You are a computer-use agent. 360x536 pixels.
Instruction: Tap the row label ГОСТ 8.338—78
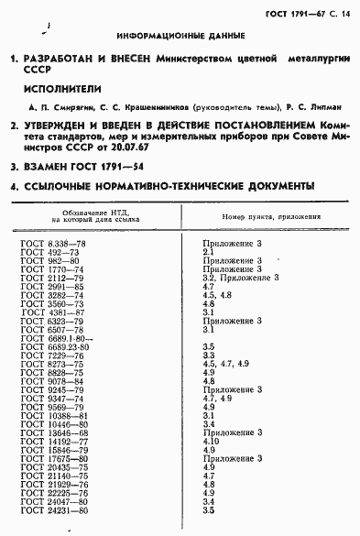53,242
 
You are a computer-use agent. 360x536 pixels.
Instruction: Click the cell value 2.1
208,251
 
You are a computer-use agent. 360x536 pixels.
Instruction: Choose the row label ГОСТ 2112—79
53,278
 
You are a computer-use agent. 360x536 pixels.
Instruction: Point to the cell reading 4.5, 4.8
216,296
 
